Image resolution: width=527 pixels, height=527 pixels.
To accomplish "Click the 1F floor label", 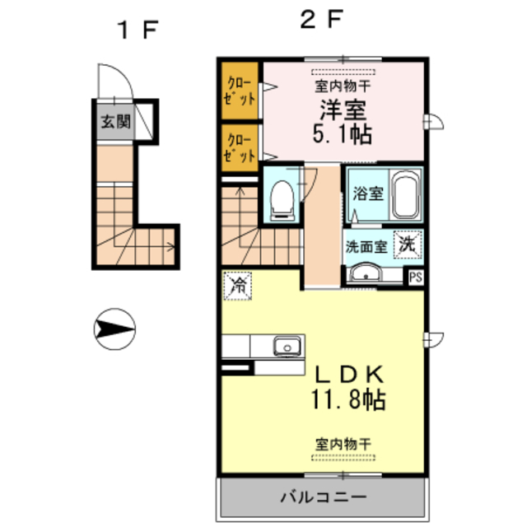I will pyautogui.click(x=137, y=30).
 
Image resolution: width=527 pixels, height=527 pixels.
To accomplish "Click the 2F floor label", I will pyautogui.click(x=319, y=20).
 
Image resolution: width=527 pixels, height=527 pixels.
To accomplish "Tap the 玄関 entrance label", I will pyautogui.click(x=114, y=123).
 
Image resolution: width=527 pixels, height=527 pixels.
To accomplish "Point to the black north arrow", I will pyautogui.click(x=113, y=329).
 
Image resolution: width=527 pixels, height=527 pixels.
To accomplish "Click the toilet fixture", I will pyautogui.click(x=282, y=198).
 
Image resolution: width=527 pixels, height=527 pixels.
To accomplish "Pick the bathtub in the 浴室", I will pyautogui.click(x=405, y=195).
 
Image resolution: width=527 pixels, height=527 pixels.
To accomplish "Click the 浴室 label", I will pyautogui.click(x=367, y=195).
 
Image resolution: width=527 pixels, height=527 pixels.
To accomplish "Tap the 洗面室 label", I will pyautogui.click(x=366, y=245).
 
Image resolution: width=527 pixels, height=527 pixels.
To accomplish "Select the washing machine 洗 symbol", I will pyautogui.click(x=408, y=244).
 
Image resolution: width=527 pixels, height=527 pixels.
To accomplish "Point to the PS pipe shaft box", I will pyautogui.click(x=417, y=277).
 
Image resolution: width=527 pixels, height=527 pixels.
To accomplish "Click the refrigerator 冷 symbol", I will pyautogui.click(x=238, y=287).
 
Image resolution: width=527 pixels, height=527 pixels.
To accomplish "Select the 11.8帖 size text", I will pyautogui.click(x=347, y=403).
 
